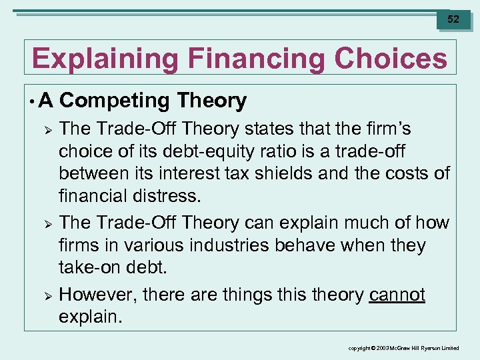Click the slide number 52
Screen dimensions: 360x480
click(453, 19)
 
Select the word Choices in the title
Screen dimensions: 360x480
click(391, 59)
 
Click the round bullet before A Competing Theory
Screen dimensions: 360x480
click(32, 101)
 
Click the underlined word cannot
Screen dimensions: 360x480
click(397, 295)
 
